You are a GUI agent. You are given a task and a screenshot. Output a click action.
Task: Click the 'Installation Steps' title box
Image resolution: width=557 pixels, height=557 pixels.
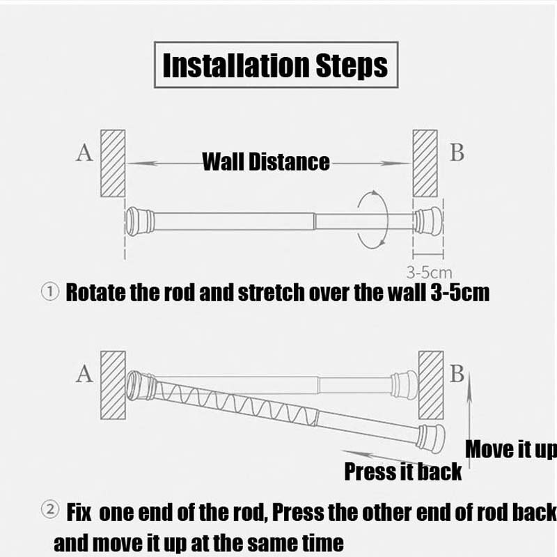tap(276, 65)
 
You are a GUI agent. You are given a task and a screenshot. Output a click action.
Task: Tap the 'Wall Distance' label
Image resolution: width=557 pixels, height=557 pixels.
tap(266, 162)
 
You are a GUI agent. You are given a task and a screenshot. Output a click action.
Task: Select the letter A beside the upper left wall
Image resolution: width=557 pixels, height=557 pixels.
tap(84, 152)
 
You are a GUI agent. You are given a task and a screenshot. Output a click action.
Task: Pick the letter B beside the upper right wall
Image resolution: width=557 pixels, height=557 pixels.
tap(457, 152)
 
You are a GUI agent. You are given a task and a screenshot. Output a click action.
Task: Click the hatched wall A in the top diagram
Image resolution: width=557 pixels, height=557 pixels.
tap(113, 163)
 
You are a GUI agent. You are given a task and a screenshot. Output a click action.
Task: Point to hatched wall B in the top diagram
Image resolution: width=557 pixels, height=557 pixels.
tap(425, 163)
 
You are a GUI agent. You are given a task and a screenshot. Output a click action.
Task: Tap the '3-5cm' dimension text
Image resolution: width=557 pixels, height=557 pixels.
tap(429, 273)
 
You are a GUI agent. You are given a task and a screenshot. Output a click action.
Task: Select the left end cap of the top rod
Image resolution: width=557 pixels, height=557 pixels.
tap(141, 221)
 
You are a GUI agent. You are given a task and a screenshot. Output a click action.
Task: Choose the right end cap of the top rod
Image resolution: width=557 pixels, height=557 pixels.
tap(429, 221)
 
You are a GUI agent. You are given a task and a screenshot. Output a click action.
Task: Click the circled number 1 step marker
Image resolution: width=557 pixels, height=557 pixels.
tap(50, 292)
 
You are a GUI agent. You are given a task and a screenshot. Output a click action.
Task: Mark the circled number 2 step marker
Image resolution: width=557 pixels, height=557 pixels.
tap(50, 510)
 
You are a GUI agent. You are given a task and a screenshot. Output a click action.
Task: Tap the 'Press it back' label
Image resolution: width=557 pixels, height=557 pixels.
tap(403, 472)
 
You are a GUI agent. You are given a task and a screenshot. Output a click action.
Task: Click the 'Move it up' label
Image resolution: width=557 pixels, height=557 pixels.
tap(511, 449)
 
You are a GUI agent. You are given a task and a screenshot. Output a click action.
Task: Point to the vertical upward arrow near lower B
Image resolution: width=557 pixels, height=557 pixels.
tap(469, 420)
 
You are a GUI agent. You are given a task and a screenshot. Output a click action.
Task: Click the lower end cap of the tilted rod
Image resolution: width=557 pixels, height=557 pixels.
tap(431, 439)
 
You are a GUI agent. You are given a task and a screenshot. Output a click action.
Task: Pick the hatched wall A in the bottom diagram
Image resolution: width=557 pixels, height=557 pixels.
tap(113, 386)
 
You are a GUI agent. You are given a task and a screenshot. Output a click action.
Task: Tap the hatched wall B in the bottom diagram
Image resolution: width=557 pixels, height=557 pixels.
tap(431, 386)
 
